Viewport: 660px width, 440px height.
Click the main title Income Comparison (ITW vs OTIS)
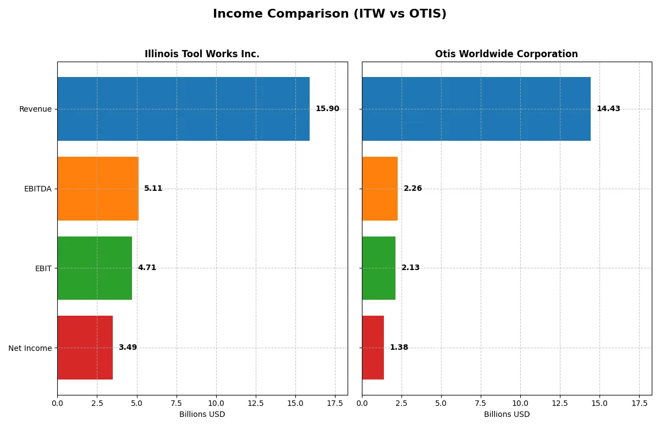pyautogui.click(x=329, y=14)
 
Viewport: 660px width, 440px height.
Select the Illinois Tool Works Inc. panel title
pyautogui.click(x=202, y=54)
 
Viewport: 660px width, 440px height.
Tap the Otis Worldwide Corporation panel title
pyautogui.click(x=506, y=54)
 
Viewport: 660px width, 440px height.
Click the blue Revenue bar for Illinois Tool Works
pyautogui.click(x=183, y=109)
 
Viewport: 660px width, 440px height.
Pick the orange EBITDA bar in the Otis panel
pyautogui.click(x=380, y=189)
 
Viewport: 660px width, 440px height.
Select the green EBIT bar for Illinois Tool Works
pyautogui.click(x=95, y=268)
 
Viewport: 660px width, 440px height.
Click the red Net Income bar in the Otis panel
pyautogui.click(x=373, y=348)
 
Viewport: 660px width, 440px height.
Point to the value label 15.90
pyautogui.click(x=327, y=109)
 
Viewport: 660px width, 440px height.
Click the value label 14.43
pyautogui.click(x=608, y=109)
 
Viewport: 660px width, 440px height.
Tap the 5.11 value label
pyautogui.click(x=153, y=189)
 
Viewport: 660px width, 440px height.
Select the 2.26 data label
pyautogui.click(x=413, y=189)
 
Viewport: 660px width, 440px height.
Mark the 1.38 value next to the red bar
pyautogui.click(x=399, y=348)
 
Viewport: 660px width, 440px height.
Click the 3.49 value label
pyautogui.click(x=128, y=348)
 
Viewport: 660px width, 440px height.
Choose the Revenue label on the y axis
pyautogui.click(x=35, y=109)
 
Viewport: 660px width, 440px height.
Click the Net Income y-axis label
pyautogui.click(x=30, y=348)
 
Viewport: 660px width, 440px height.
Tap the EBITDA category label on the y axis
pyautogui.click(x=37, y=189)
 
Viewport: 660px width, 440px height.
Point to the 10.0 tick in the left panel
pyautogui.click(x=216, y=403)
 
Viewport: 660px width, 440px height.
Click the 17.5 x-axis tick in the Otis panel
pyautogui.click(x=639, y=403)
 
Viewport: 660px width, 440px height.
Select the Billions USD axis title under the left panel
pyautogui.click(x=202, y=415)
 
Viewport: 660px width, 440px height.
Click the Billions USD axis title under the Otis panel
pyautogui.click(x=507, y=415)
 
